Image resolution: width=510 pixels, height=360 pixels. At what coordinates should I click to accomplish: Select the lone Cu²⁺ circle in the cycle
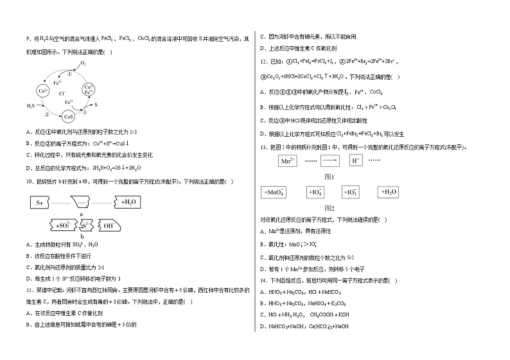pos(44,92)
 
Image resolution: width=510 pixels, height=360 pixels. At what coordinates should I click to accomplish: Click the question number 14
pos(261,280)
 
